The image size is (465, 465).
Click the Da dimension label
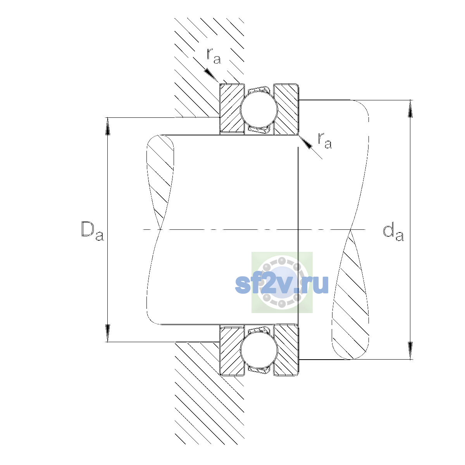click(93, 231)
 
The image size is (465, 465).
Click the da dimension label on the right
click(393, 232)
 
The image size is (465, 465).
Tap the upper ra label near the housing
click(214, 56)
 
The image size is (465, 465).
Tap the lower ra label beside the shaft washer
click(325, 140)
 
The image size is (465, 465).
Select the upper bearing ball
click(259, 109)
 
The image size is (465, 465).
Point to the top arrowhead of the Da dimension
click(108, 126)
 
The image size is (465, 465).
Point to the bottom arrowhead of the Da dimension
click(108, 333)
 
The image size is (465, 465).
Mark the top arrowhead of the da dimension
click(410, 108)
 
